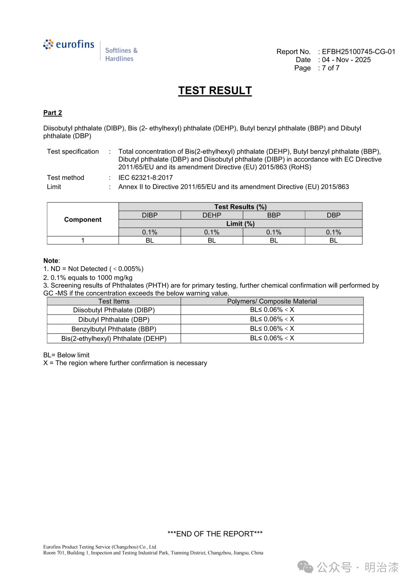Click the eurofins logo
coord(69,45)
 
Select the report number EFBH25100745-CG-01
coord(358,52)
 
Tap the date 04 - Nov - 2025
coord(346,60)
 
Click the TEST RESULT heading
coord(215,91)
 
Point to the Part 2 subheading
coord(53,113)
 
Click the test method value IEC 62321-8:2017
coord(145,178)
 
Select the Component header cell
coord(83,220)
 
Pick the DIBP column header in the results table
coord(150,215)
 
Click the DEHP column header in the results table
coord(212,215)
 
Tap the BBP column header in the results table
coord(274,215)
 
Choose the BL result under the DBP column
coord(333,241)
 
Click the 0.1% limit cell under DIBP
coord(150,232)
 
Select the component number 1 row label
coord(83,241)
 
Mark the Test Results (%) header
coord(240,207)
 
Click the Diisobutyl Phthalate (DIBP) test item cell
coord(114,310)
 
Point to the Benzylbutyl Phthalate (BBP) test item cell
coord(114,329)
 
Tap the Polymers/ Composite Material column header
coord(272,301)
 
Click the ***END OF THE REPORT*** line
coord(215,534)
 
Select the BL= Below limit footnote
coord(66,355)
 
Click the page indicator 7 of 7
coord(330,68)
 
